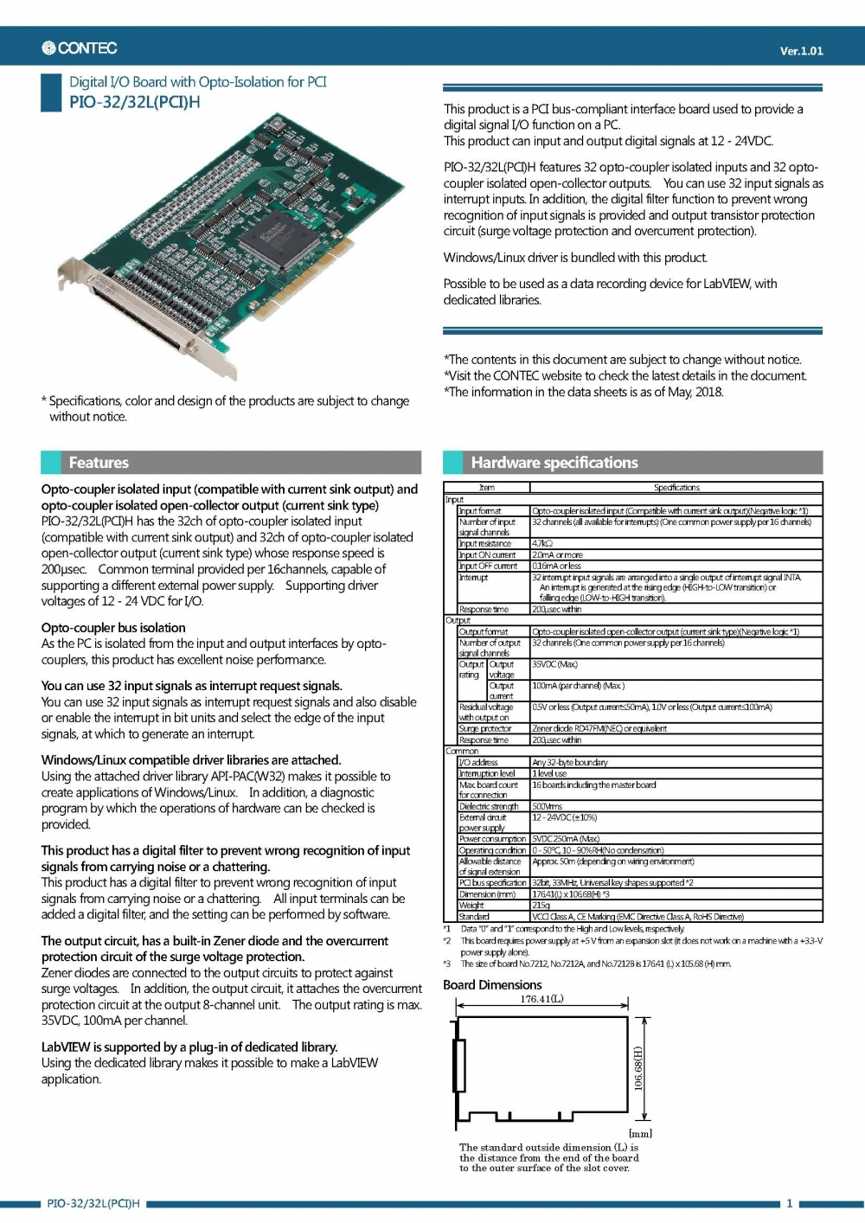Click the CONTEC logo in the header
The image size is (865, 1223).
(80, 48)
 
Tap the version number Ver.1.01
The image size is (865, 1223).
(801, 51)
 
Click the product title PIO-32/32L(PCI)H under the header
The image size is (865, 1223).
(134, 102)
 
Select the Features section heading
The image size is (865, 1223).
(99, 463)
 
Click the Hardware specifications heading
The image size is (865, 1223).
(554, 463)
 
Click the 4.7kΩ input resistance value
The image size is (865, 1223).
(542, 544)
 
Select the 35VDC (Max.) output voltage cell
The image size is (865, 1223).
(554, 664)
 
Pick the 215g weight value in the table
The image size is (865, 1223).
(541, 906)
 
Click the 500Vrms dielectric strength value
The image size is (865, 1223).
(547, 806)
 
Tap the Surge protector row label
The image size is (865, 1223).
(484, 729)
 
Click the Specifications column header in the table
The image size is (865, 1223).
(676, 488)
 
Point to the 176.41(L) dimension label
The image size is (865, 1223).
(541, 999)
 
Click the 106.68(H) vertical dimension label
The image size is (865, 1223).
(638, 1069)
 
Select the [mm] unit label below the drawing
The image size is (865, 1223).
(640, 1133)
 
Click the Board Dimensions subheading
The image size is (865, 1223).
(492, 985)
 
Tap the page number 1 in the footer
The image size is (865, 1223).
(789, 1203)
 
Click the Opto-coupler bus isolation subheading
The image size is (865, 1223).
(113, 628)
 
